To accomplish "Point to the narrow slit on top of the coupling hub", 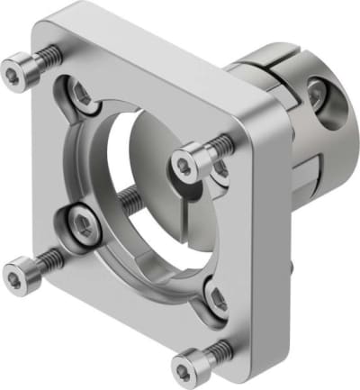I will point(270,59).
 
